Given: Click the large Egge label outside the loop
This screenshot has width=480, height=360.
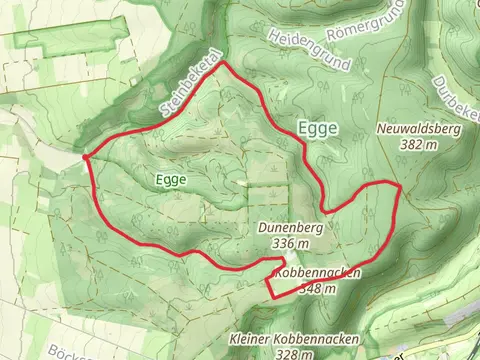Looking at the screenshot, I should click(x=318, y=127).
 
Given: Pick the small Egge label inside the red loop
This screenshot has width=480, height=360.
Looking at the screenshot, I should click(x=171, y=179).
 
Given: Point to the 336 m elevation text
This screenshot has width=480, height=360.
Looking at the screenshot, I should click(x=289, y=243).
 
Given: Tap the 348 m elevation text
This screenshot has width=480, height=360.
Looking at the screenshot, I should click(x=316, y=288).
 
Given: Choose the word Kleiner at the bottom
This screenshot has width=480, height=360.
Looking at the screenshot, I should click(x=250, y=338).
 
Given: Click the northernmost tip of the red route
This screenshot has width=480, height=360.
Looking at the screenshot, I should click(x=224, y=62).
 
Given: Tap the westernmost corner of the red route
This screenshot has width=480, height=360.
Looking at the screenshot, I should click(x=86, y=156).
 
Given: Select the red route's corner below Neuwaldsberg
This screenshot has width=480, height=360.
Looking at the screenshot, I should click(x=398, y=185).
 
